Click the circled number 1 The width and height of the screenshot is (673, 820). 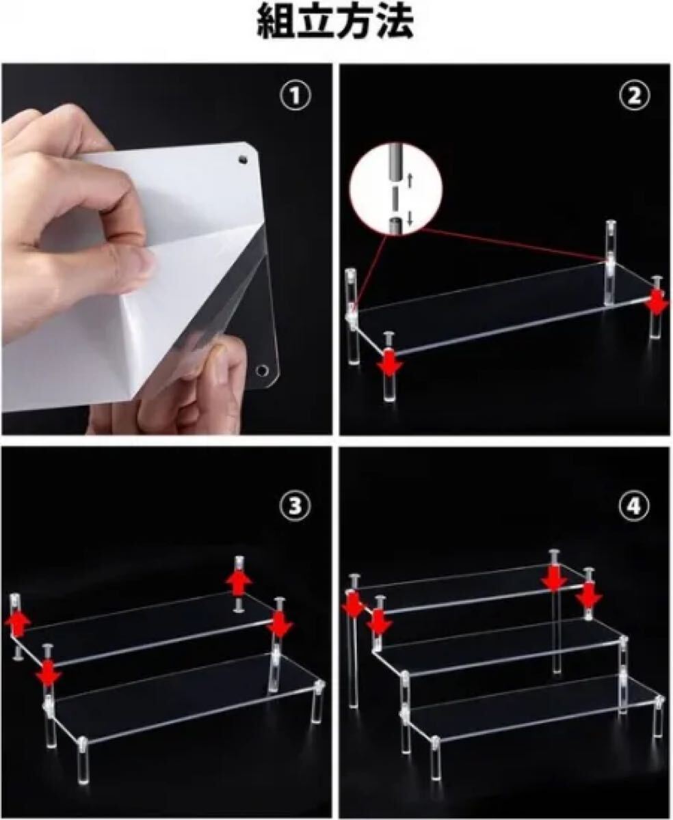pyautogui.click(x=296, y=96)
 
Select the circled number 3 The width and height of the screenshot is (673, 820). pyautogui.click(x=295, y=506)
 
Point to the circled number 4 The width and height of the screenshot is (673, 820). pyautogui.click(x=634, y=506)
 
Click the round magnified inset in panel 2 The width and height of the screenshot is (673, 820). pyautogui.click(x=396, y=189)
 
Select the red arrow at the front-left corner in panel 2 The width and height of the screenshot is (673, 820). pyautogui.click(x=388, y=362)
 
